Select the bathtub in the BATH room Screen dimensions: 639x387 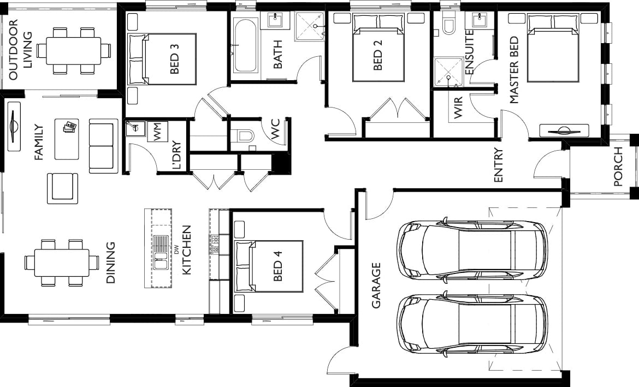tap(245, 45)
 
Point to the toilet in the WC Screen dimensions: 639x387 tap(242, 135)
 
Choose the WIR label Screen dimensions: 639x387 tap(458, 108)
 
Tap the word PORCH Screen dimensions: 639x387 tap(618, 166)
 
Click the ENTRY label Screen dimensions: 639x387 tap(499, 165)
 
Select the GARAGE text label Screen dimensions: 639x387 tap(376, 285)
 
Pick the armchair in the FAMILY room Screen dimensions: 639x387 tap(62, 188)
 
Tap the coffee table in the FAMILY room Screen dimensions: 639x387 tap(67, 139)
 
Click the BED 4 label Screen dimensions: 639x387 tap(277, 266)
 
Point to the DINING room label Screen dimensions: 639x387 tap(110, 263)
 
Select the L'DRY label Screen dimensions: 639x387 tap(176, 155)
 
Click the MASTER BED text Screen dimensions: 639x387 tap(514, 70)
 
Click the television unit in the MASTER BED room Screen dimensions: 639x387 tap(564, 131)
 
